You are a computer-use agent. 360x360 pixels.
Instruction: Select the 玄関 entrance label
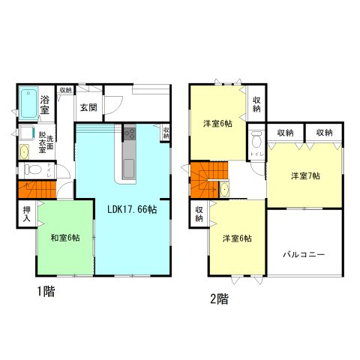(88, 106)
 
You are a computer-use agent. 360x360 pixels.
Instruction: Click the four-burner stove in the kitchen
(128, 134)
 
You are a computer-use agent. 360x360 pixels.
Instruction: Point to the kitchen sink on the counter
(128, 166)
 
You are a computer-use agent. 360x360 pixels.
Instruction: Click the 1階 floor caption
(42, 291)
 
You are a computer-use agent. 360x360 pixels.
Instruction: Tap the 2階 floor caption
(218, 298)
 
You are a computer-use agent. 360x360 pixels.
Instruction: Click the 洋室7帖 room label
(305, 175)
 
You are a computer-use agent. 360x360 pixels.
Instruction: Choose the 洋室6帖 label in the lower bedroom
(236, 238)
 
